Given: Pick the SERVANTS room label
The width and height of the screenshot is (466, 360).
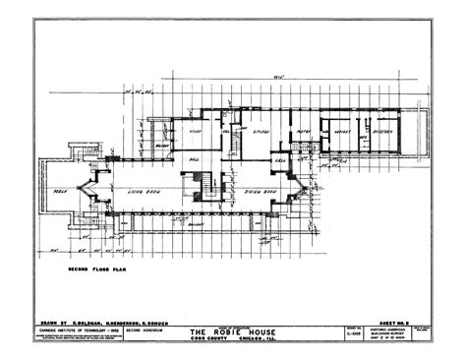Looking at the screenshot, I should [344, 130].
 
